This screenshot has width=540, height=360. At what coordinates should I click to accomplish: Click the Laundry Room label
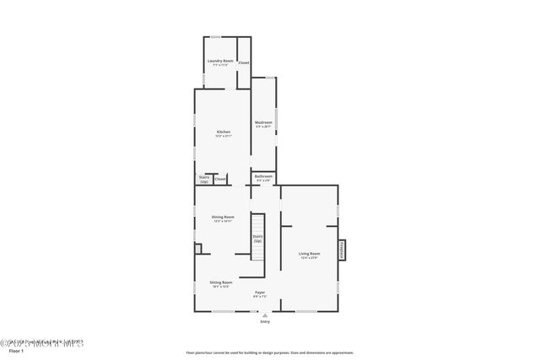pyautogui.click(x=220, y=61)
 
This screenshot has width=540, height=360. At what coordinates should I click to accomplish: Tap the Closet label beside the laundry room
pyautogui.click(x=244, y=63)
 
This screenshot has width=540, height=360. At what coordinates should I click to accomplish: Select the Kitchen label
pyautogui.click(x=224, y=132)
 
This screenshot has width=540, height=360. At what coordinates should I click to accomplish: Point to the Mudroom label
pyautogui.click(x=263, y=122)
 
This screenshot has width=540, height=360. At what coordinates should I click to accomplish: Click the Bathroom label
pyautogui.click(x=263, y=176)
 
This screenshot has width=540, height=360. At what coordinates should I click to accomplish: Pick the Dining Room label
pyautogui.click(x=223, y=218)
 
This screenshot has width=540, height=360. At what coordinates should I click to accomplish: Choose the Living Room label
pyautogui.click(x=309, y=253)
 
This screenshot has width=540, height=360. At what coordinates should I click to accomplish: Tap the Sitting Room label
pyautogui.click(x=221, y=282)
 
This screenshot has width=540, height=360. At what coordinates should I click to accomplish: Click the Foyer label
pyautogui.click(x=260, y=292)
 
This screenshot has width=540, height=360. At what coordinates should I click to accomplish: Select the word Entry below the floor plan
pyautogui.click(x=265, y=321)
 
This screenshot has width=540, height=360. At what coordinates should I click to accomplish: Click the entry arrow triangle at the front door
pyautogui.click(x=265, y=315)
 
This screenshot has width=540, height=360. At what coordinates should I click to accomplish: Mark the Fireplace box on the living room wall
pyautogui.click(x=343, y=251)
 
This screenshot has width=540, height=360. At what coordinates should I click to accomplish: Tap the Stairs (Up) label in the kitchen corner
pyautogui.click(x=204, y=179)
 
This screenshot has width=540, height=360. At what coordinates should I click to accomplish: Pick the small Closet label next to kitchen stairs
pyautogui.click(x=219, y=179)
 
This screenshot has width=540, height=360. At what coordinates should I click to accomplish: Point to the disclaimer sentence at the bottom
pyautogui.click(x=270, y=353)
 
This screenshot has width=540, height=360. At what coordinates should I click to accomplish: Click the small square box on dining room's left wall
pyautogui.click(x=198, y=249)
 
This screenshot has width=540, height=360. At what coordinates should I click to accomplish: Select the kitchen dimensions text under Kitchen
pyautogui.click(x=224, y=136)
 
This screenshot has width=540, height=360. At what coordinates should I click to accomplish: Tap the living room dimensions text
pyautogui.click(x=309, y=257)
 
